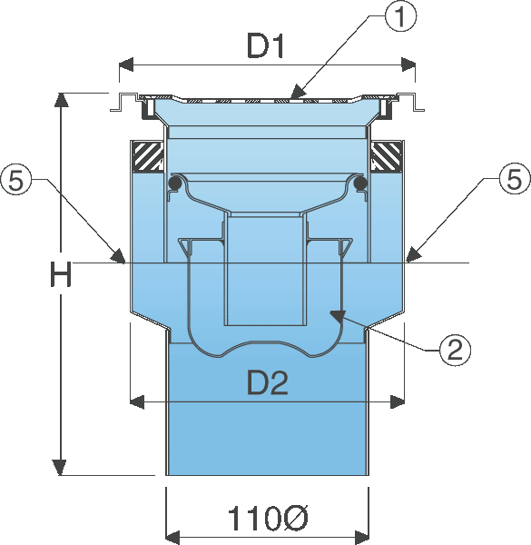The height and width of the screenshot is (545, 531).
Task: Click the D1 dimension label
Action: click(x=265, y=45)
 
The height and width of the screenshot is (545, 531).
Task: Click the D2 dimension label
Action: click(x=268, y=382)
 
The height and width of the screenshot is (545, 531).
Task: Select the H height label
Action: click(x=61, y=274)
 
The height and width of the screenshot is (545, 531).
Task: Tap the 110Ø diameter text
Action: click(x=268, y=519)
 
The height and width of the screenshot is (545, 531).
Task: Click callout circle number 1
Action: click(x=401, y=16)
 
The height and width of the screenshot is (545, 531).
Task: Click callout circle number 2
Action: click(x=456, y=351)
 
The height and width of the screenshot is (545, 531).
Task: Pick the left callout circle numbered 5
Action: click(x=16, y=180)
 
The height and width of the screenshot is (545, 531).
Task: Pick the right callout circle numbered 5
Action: click(x=515, y=179)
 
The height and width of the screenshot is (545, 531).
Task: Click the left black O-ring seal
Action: click(x=174, y=183)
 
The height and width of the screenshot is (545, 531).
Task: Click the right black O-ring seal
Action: click(x=360, y=183)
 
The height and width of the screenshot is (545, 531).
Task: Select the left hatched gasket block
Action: click(x=147, y=156)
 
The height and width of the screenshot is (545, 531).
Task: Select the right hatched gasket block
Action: click(x=387, y=156)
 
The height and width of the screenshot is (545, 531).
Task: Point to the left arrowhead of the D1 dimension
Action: click(x=126, y=64)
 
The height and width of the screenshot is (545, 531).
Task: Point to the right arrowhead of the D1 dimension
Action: click(x=408, y=64)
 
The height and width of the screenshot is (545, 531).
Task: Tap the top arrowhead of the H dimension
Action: click(x=61, y=101)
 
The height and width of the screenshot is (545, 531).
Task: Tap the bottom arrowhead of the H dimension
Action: click(x=60, y=467)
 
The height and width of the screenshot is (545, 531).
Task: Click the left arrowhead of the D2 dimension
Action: click(x=137, y=402)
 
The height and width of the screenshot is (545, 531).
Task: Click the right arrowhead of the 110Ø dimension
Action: click(x=361, y=538)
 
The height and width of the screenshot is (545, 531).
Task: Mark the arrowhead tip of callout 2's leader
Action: click(x=329, y=312)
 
